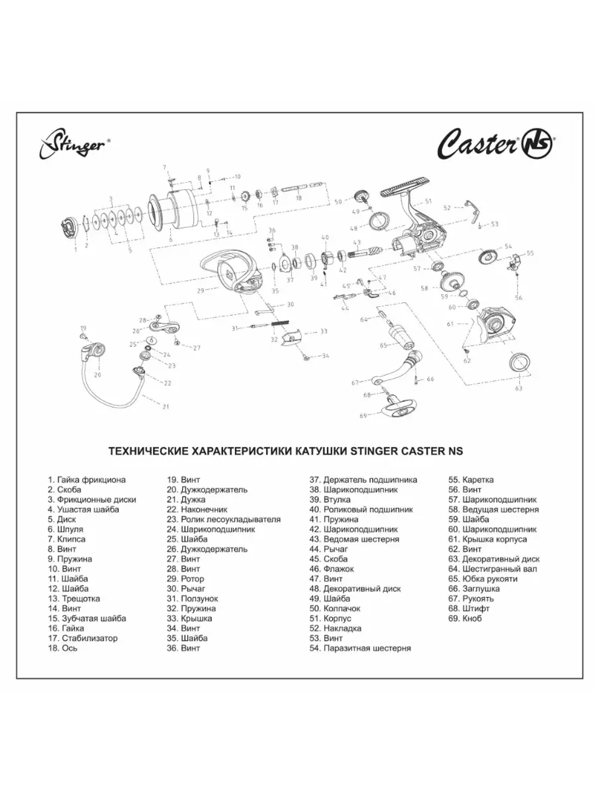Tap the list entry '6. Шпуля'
pos(65,529)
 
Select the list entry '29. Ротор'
pos(185,578)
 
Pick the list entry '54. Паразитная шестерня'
pos(360,648)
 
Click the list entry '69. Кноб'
pos(465,618)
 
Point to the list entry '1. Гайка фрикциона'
pos(87,479)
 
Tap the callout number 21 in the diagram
pos(166,407)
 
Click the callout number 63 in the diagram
pos(519,388)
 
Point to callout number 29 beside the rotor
pos(201,291)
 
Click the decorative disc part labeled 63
pos(520,361)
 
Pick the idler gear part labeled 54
pos(487,257)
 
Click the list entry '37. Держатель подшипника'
pos(363,479)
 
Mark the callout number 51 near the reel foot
pos(428,202)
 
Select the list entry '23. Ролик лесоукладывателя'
pos(223,519)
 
